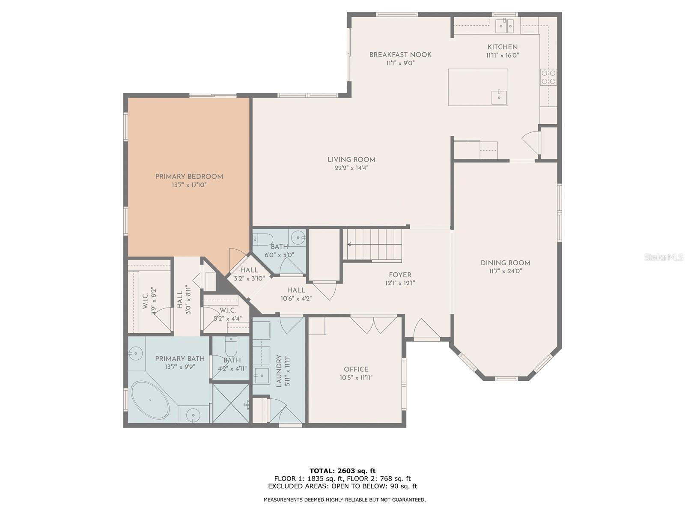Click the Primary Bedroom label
189,176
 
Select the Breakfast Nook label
400,55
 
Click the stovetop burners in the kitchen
548,77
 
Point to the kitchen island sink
499,97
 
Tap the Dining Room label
505,263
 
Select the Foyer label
400,275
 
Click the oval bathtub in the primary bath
150,400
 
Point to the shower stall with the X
231,403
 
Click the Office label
356,370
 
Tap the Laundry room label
279,371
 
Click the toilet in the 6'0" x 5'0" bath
264,239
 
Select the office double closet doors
374,325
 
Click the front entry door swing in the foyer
426,328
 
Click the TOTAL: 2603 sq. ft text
342,471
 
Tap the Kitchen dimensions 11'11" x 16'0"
503,56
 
